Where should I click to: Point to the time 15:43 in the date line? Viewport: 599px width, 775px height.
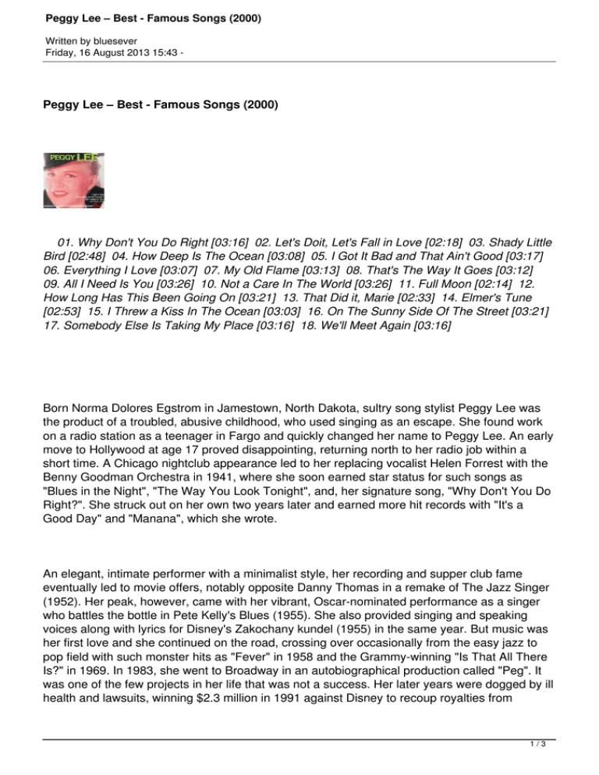[167, 51]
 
